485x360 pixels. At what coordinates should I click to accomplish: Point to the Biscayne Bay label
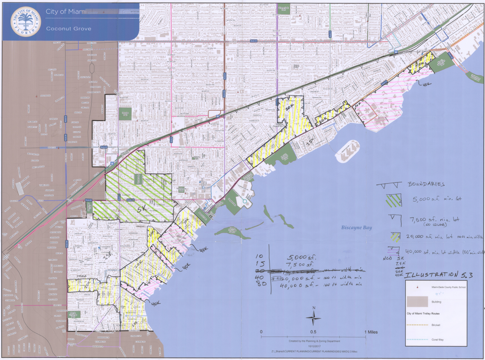pyautogui.click(x=357, y=228)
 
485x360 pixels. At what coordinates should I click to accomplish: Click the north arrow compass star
pyautogui.click(x=314, y=317)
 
